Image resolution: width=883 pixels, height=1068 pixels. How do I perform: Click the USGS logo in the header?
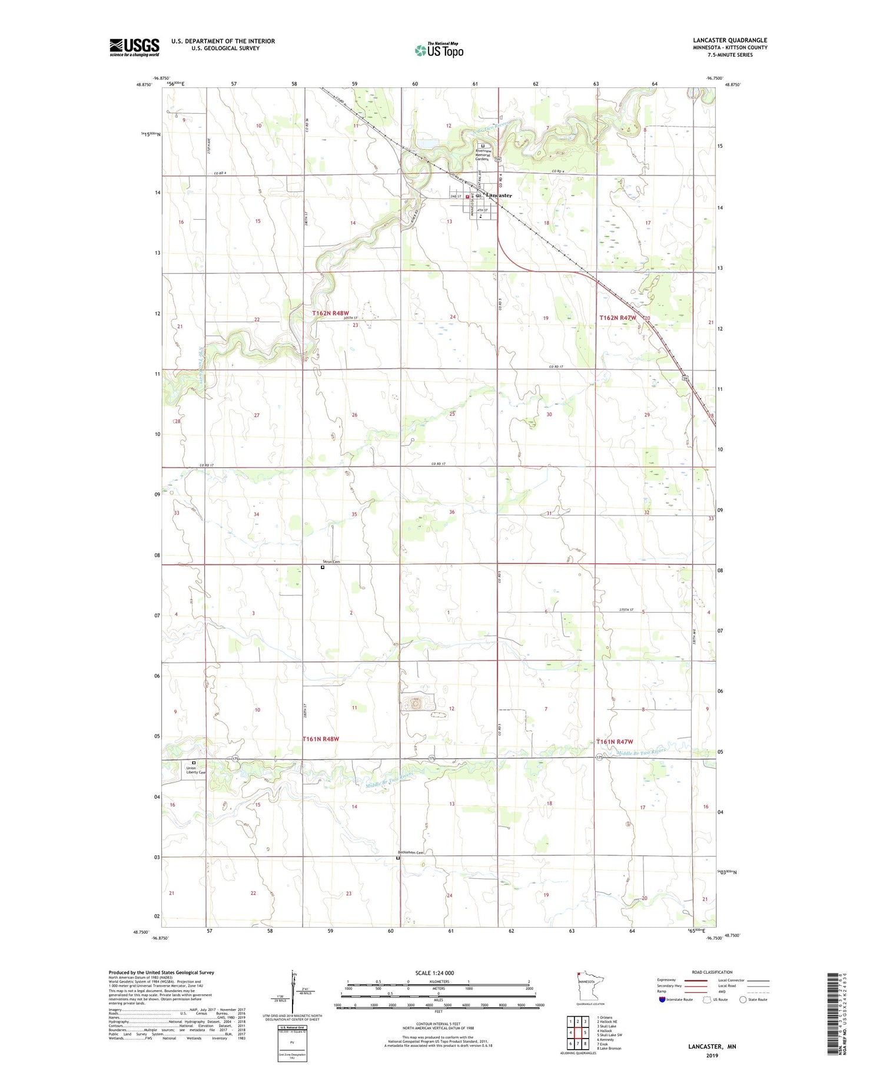click(134, 47)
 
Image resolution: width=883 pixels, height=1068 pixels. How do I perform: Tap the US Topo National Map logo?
click(439, 50)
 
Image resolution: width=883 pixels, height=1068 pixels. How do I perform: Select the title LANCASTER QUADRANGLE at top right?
click(730, 41)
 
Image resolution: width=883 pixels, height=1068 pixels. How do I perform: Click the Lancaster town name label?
click(499, 196)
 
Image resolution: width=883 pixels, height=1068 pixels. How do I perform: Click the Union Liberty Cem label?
click(195, 770)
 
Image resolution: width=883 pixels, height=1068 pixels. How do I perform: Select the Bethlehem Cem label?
click(410, 852)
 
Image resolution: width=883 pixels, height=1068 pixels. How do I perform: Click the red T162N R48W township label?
click(330, 313)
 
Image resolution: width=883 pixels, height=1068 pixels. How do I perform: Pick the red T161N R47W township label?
click(615, 742)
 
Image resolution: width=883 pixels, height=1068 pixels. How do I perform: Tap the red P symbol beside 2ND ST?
click(467, 197)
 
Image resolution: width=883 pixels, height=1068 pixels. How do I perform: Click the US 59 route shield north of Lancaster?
click(498, 160)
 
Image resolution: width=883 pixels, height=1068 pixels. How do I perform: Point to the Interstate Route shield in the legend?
click(662, 1000)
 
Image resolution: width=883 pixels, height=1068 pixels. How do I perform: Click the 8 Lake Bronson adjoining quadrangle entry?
click(609, 1049)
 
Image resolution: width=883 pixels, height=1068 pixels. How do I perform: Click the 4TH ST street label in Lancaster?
click(483, 210)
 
